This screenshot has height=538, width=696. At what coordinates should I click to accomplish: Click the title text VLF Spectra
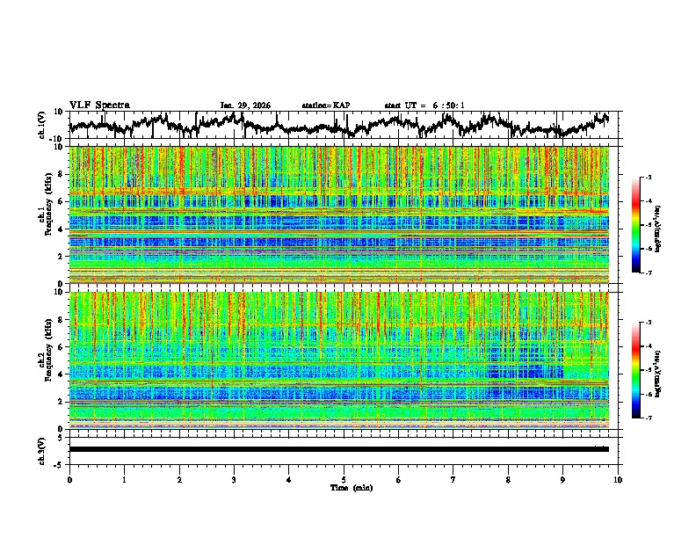coord(99,105)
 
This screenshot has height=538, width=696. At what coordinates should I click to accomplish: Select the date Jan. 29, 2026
coord(245,105)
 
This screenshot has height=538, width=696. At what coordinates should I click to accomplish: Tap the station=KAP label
coord(325,105)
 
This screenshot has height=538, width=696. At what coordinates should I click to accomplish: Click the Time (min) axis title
coord(344,487)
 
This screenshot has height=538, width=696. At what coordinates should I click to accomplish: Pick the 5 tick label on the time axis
coord(344,479)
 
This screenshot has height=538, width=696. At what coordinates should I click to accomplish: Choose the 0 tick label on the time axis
coord(69,479)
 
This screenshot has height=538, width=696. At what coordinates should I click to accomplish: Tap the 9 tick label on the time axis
coord(563,479)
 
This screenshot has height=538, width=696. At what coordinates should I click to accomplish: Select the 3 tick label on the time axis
coord(234,479)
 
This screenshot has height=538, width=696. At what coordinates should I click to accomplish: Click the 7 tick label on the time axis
coord(453,479)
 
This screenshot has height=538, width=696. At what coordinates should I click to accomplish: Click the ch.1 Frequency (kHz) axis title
coord(45,216)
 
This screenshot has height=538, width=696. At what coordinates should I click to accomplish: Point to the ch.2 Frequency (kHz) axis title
coord(45,361)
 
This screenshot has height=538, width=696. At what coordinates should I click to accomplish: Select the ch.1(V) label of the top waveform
coord(43,125)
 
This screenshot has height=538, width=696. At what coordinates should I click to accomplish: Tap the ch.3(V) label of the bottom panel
coord(43,449)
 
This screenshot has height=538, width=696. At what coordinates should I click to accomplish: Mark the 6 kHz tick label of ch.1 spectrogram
coord(60,201)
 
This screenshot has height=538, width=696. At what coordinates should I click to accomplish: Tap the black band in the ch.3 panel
coord(338,449)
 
